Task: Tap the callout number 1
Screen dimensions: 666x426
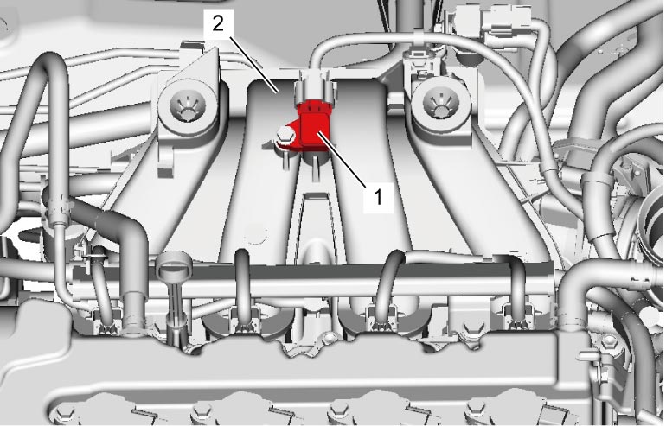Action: click(378, 197)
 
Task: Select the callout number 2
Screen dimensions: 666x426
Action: click(218, 23)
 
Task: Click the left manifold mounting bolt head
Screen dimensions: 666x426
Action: click(187, 108)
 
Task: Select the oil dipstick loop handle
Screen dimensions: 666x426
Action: click(174, 266)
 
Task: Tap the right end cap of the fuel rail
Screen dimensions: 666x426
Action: click(547, 281)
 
